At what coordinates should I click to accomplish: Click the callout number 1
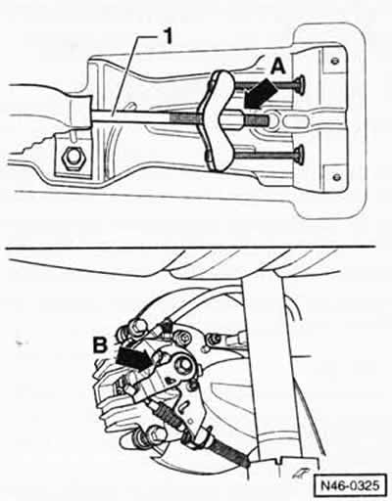(168, 36)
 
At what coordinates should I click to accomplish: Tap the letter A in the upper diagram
(278, 68)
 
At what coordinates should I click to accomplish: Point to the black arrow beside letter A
(262, 93)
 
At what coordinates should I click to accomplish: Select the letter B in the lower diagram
(100, 345)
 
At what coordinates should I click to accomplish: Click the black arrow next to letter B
(134, 358)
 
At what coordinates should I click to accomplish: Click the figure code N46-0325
(350, 485)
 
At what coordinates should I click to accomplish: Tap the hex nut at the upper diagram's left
(73, 159)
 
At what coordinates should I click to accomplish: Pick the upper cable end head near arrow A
(301, 84)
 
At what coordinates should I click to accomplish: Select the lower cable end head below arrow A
(300, 155)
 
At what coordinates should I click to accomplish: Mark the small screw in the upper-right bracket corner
(334, 61)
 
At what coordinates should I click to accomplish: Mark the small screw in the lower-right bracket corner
(337, 177)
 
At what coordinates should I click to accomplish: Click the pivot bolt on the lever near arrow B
(183, 365)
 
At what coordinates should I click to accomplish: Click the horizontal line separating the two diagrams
(190, 248)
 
